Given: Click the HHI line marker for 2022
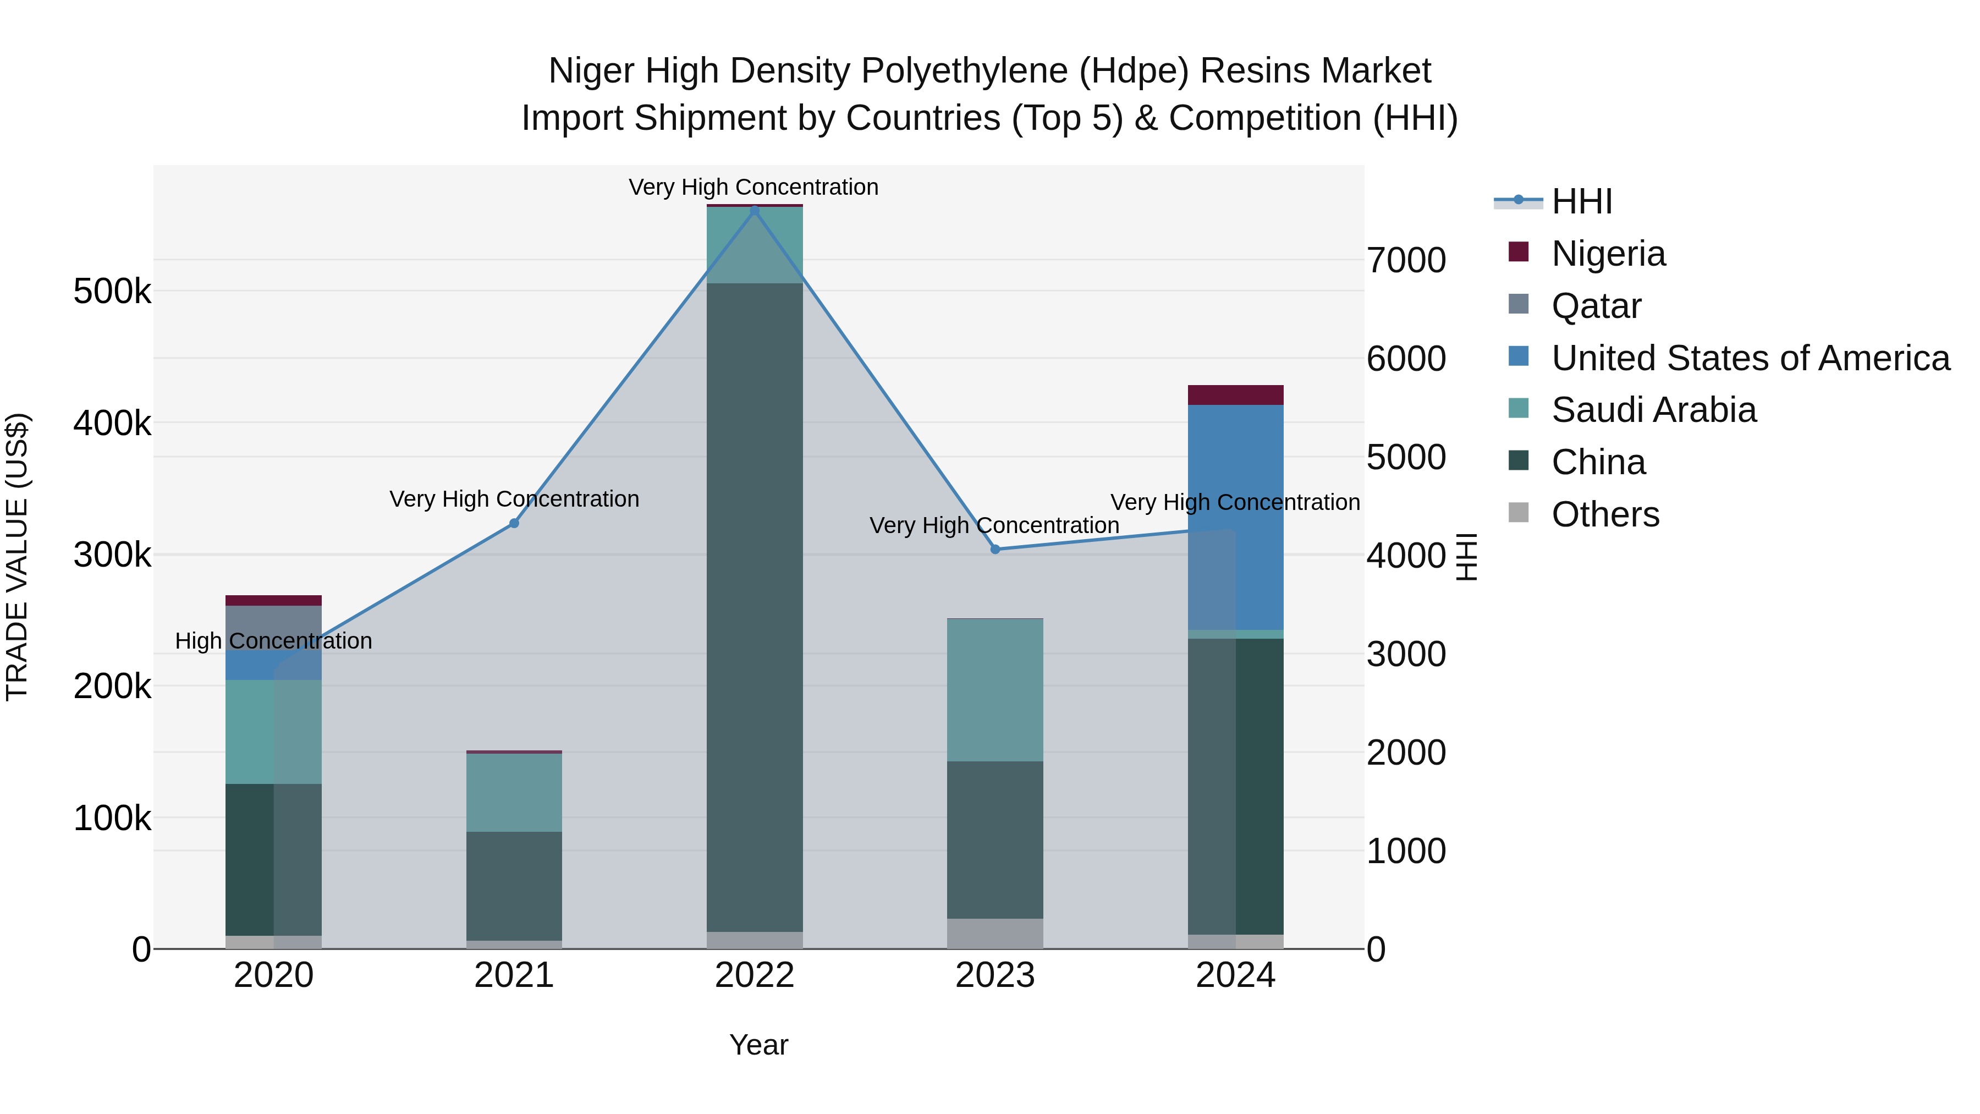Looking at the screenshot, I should click(754, 211).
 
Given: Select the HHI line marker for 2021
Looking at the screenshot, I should click(514, 524).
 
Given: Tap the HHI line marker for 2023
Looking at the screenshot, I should click(994, 550).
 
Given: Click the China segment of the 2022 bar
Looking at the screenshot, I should click(754, 607).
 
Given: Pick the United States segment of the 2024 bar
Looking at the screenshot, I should click(1235, 517).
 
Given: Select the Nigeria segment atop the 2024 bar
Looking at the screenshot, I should click(1235, 395).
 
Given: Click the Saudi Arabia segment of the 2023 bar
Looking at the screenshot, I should click(994, 690).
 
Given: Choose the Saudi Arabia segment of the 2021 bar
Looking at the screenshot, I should click(514, 792).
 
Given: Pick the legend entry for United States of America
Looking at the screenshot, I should click(1750, 358).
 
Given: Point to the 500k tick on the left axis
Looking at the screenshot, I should click(112, 292).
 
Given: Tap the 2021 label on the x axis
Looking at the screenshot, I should click(514, 975).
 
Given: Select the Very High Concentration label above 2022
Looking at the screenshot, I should click(754, 187).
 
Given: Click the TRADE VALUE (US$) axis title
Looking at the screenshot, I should click(17, 557).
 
